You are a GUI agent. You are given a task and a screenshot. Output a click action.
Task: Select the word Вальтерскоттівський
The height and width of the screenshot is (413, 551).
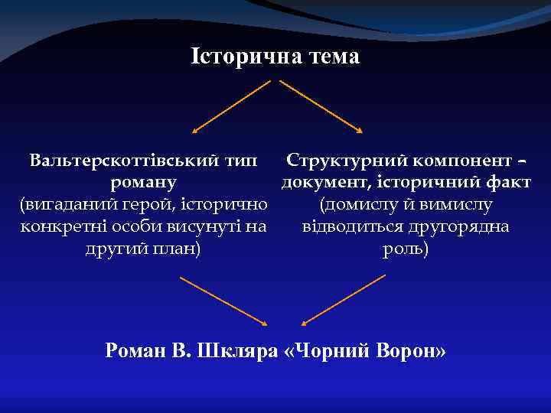(x=121, y=161)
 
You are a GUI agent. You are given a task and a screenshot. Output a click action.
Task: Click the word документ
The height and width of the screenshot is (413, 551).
(x=321, y=183)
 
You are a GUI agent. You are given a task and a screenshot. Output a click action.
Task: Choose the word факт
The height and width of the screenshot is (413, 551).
(x=510, y=183)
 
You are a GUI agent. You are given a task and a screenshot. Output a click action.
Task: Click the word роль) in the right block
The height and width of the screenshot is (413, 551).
(x=406, y=249)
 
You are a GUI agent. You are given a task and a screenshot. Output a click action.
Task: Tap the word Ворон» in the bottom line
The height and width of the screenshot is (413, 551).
(x=406, y=351)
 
